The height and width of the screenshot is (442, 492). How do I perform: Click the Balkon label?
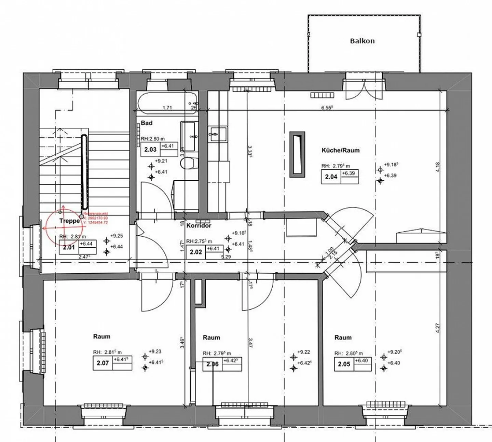coord(362,41)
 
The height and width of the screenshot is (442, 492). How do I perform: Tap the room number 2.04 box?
coord(331,177)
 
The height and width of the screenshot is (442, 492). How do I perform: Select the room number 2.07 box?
coord(102,363)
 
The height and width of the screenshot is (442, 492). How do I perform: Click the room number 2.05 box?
coord(344,364)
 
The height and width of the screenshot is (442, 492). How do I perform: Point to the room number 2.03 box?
coord(150,150)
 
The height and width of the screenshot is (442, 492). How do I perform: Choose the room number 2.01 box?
coord(69,247)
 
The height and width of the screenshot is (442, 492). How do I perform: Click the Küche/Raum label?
coord(340,150)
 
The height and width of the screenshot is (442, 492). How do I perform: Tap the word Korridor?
coord(199,225)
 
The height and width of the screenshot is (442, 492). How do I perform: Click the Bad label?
coord(147,123)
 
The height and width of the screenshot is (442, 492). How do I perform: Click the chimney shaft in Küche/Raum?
coord(297,154)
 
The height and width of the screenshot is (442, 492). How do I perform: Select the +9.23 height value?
coord(155,351)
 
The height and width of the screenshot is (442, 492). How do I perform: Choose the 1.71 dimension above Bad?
coord(167,108)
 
